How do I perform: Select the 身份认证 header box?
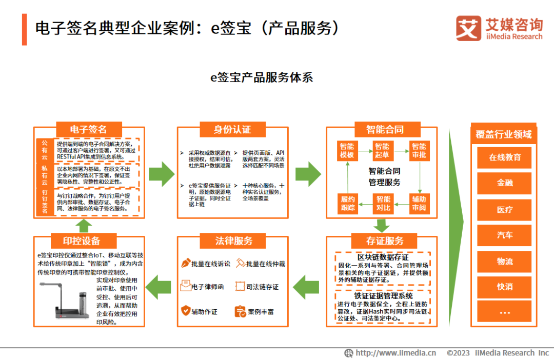(232, 129)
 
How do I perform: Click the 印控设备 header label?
(82, 241)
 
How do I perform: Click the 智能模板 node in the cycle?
(347, 151)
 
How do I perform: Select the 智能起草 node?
(383, 151)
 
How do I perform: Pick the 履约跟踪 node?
(347, 203)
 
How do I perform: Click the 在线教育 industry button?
(504, 157)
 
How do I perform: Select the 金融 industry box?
(504, 183)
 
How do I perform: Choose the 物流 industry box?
(504, 261)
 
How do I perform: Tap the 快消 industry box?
(504, 287)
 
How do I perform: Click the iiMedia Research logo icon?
(468, 29)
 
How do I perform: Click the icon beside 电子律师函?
(185, 286)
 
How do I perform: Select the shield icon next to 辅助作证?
(185, 311)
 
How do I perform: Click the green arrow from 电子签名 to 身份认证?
(162, 174)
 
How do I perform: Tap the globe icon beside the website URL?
(349, 353)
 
